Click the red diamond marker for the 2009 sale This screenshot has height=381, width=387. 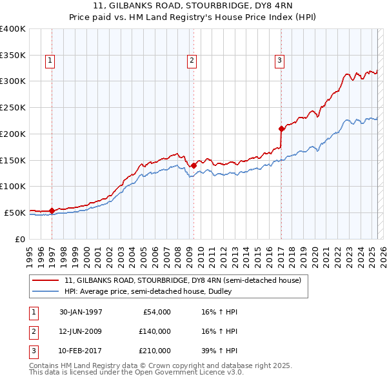[x=193, y=165]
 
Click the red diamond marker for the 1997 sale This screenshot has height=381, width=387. [x=52, y=211]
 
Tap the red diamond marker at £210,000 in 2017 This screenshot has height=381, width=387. [x=281, y=129]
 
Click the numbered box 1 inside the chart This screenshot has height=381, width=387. [x=50, y=61]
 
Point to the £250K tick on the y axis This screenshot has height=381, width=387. [x=13, y=107]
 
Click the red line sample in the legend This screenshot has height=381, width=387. [x=46, y=281]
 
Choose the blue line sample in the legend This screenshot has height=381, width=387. [x=46, y=292]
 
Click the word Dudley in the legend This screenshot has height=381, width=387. [x=290, y=292]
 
